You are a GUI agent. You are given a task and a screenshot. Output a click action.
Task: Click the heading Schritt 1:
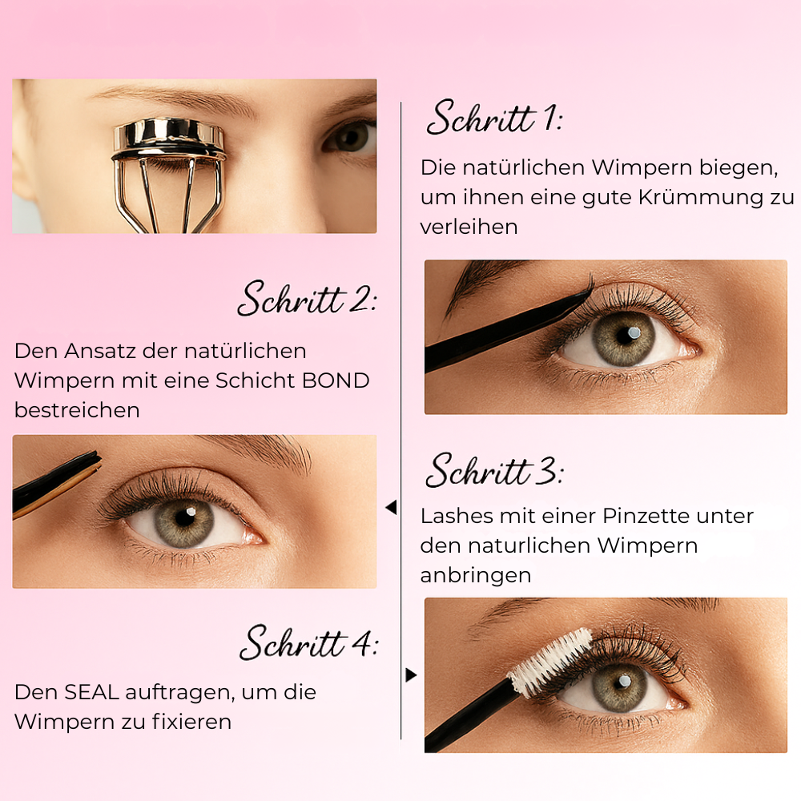(x=493, y=119)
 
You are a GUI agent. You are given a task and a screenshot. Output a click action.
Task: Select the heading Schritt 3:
(x=493, y=471)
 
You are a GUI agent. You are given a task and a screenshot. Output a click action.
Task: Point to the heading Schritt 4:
(x=309, y=642)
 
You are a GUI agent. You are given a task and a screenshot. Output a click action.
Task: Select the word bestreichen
(x=77, y=410)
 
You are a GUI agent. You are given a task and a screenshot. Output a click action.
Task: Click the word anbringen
(x=476, y=576)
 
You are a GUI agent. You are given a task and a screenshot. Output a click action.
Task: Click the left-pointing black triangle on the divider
(x=391, y=508)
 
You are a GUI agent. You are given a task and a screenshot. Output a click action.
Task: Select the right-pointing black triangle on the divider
(x=411, y=675)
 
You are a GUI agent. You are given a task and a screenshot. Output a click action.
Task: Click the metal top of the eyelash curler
(x=169, y=136)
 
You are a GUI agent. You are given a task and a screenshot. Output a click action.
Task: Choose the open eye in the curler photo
(x=350, y=138)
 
